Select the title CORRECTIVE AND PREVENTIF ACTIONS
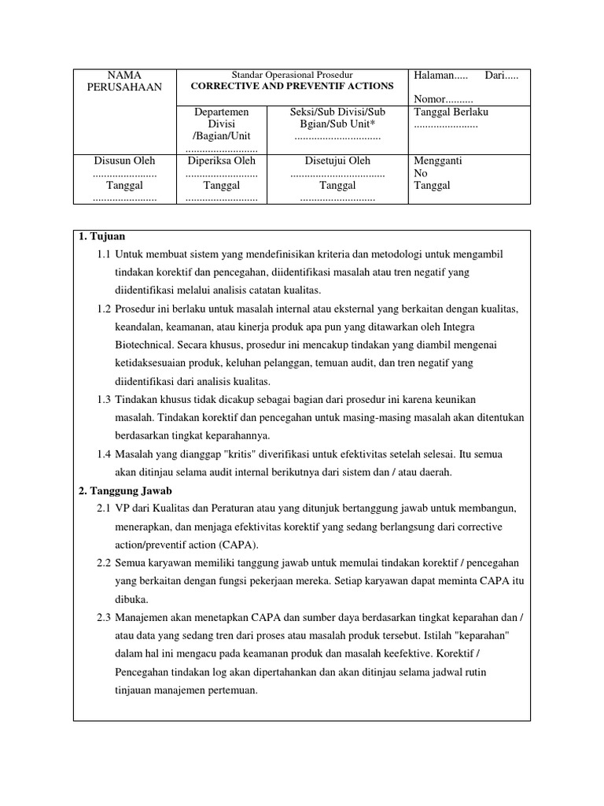(x=293, y=87)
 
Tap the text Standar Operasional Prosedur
(x=293, y=75)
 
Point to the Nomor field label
(x=437, y=100)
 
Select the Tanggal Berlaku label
(x=451, y=112)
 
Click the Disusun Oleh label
(x=124, y=161)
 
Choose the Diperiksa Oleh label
(x=222, y=161)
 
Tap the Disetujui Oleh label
(x=337, y=161)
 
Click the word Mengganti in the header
(x=437, y=161)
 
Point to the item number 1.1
(x=104, y=255)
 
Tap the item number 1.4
(x=104, y=454)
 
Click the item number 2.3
(x=104, y=617)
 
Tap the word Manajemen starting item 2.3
(x=149, y=617)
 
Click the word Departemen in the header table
(x=222, y=112)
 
